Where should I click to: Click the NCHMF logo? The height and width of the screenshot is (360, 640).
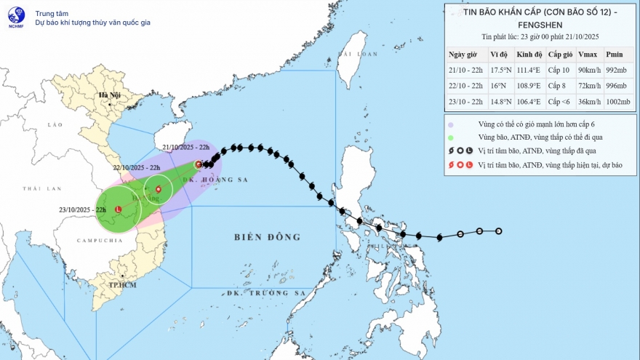[16, 17]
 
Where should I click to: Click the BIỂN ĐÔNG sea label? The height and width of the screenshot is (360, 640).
[267, 237]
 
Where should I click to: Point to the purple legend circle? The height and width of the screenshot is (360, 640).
[452, 124]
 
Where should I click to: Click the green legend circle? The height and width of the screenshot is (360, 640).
[452, 137]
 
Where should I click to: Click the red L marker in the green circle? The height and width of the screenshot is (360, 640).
[118, 209]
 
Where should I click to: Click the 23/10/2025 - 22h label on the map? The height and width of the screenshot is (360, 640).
[84, 209]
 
